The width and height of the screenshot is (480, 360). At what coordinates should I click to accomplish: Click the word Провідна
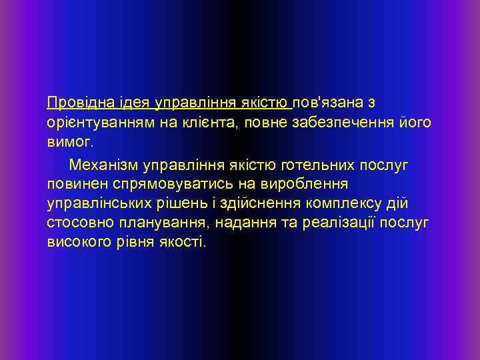[74, 103]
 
